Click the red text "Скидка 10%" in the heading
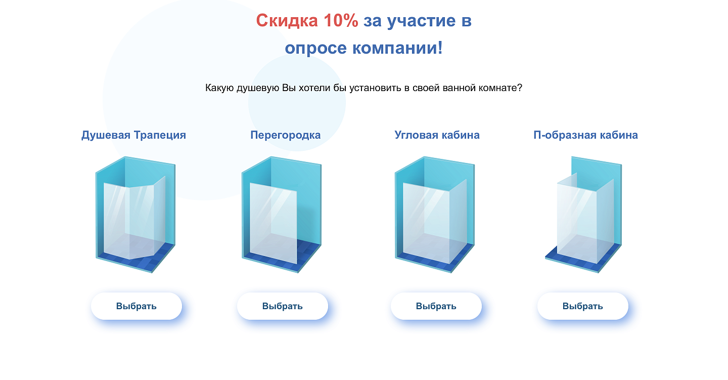307,21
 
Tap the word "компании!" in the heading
397,48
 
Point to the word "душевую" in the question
258,88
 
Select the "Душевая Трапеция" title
133,135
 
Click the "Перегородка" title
285,135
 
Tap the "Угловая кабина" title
437,135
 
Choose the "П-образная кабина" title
585,135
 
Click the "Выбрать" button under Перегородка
283,306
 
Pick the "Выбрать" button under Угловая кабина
436,306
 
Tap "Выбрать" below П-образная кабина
583,306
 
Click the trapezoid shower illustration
135,215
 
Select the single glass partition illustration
282,215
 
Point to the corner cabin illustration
435,215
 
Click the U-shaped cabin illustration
583,215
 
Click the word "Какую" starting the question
219,88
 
